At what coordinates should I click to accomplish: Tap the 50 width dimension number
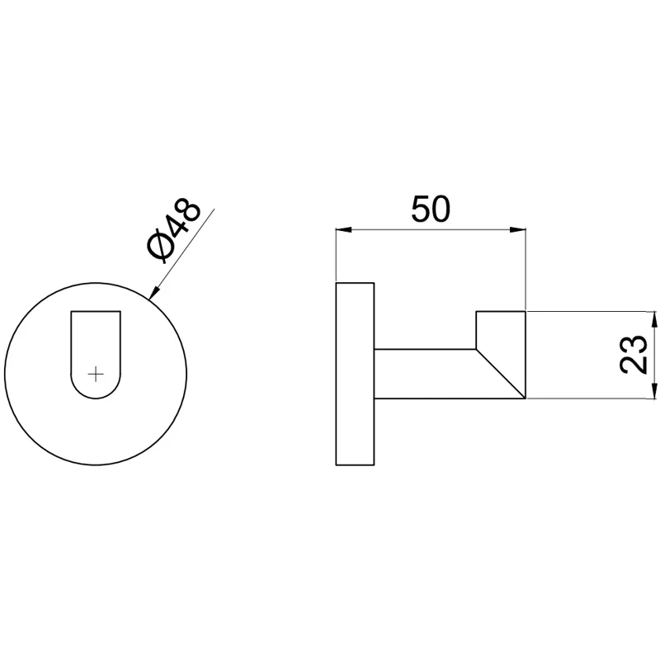click(431, 210)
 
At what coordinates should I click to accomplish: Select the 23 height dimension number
click(634, 355)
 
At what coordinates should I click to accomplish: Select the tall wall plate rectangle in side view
click(356, 373)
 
